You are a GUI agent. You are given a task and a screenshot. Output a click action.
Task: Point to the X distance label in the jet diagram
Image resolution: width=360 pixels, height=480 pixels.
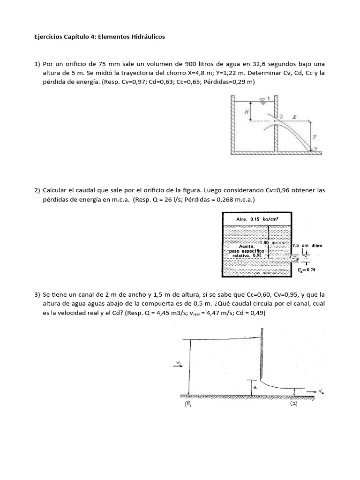294,116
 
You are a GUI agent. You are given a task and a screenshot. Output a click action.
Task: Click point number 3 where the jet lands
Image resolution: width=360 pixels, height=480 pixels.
316,149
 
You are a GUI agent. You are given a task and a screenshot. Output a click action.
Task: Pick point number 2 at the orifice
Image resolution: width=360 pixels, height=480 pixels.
281,116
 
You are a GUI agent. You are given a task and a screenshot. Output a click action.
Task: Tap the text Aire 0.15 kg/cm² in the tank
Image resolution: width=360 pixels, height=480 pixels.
256,218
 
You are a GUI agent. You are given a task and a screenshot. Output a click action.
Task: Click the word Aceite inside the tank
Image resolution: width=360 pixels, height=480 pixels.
247,246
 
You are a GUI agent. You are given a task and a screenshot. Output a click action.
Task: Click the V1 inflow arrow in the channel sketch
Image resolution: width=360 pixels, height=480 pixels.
179,368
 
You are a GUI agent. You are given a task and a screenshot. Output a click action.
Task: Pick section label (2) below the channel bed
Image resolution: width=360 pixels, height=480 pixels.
294,404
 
